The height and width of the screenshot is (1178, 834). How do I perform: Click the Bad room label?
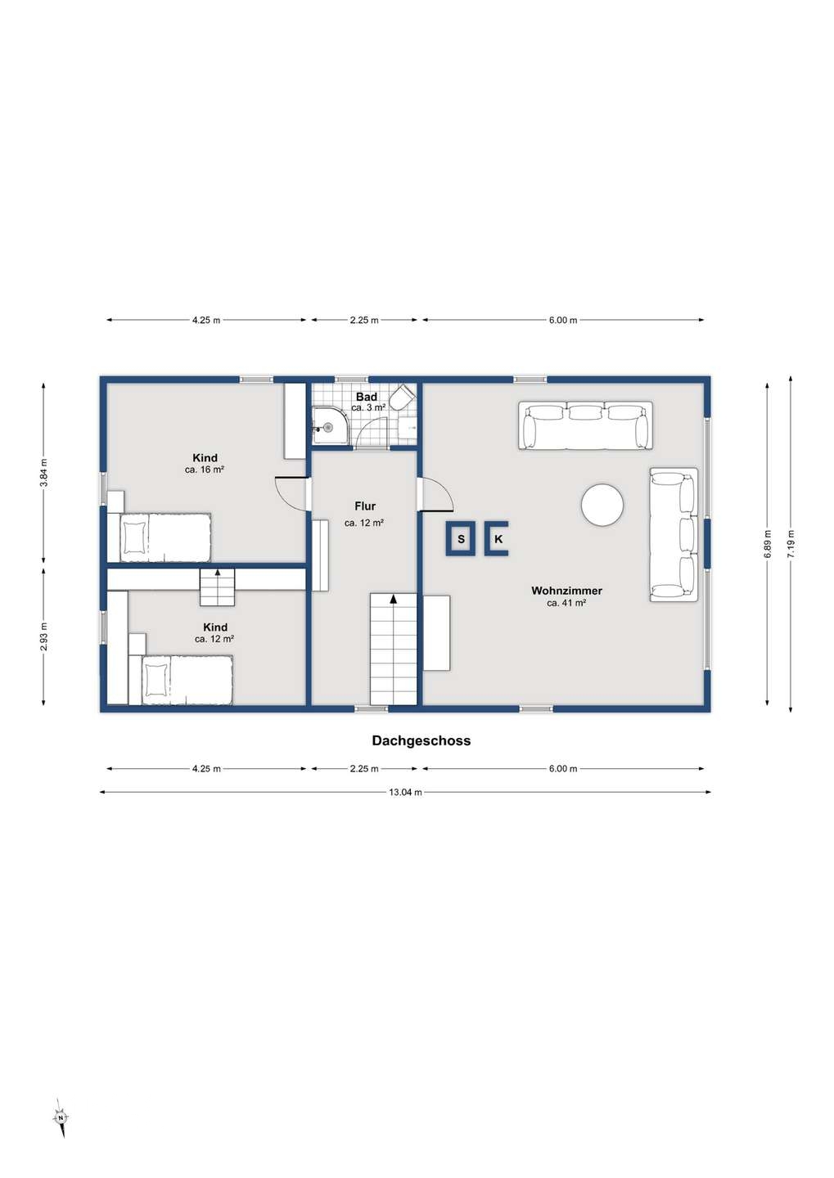point(366,397)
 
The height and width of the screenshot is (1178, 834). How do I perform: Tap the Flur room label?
point(365,506)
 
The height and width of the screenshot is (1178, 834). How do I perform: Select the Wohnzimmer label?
point(566,591)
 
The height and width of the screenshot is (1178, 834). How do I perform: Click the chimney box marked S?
point(461,538)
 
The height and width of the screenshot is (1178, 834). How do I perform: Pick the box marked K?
point(496,538)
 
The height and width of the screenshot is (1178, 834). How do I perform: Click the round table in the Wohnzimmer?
point(602,504)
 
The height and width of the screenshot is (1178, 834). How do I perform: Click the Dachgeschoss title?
point(422,741)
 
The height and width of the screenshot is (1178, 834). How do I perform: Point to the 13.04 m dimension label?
point(405,792)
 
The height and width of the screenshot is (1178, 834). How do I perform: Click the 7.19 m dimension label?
point(791,544)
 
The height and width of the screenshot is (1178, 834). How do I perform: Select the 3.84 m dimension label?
point(44,473)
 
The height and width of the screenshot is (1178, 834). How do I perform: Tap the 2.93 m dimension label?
point(44,636)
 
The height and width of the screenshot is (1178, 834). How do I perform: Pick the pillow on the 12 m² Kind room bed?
point(156,680)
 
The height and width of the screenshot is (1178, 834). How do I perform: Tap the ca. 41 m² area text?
point(566,603)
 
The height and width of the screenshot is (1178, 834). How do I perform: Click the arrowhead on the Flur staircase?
point(393,598)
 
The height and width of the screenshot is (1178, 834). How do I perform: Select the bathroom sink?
point(408,428)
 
